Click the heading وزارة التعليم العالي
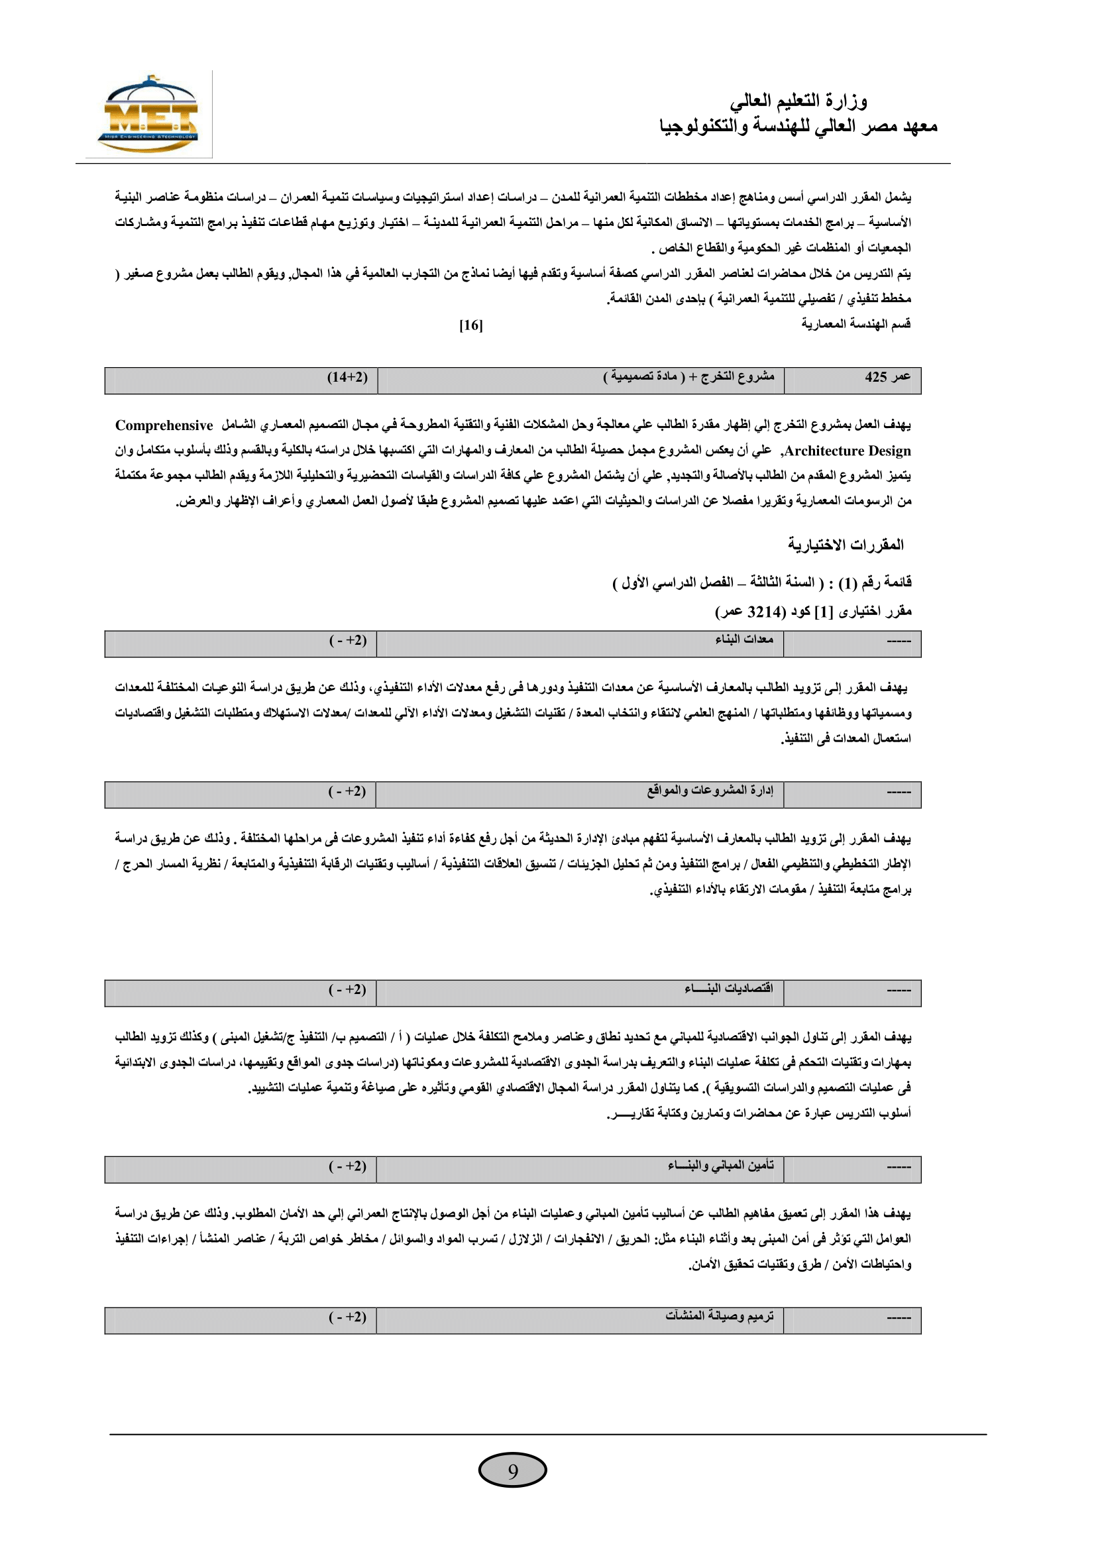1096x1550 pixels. (x=798, y=101)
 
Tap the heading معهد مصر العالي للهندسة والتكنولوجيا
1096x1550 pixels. (x=798, y=127)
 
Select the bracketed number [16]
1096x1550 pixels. (x=471, y=325)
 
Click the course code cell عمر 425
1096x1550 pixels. (x=887, y=376)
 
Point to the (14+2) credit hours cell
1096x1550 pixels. (x=348, y=376)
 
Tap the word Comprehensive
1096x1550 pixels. (x=164, y=425)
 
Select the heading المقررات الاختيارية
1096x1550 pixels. (x=846, y=544)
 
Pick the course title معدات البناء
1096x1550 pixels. (x=744, y=639)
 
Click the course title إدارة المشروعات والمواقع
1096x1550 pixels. (x=710, y=790)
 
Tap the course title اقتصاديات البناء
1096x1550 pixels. (x=729, y=988)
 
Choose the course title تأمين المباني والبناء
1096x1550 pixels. (x=721, y=1165)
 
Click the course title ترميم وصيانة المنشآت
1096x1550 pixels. (x=720, y=1316)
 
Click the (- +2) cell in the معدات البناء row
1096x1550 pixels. (x=349, y=640)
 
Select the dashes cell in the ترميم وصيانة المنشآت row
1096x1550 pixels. (x=899, y=1317)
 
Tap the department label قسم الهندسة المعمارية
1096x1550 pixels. (x=855, y=324)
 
